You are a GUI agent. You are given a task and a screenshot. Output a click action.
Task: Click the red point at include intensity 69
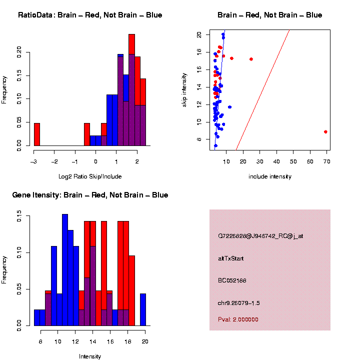tap(325, 132)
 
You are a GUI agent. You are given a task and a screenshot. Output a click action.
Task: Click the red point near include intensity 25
tap(251, 59)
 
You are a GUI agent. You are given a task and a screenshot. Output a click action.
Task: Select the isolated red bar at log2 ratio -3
tap(36, 134)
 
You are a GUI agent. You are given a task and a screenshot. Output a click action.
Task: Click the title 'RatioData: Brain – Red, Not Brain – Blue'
tap(90, 15)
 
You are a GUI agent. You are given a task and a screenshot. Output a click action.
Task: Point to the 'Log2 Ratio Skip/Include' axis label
tap(90, 176)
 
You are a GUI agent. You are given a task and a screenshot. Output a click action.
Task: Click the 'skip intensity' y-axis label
tap(184, 89)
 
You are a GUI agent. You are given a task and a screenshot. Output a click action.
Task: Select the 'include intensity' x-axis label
tap(270, 176)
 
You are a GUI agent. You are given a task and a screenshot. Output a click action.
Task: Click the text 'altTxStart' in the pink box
tap(230, 258)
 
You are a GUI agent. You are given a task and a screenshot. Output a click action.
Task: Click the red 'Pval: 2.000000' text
tap(238, 319)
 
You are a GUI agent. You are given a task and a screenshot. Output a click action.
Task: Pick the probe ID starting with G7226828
tap(260, 236)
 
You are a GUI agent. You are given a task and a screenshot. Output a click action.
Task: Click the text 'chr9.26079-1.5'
tap(239, 303)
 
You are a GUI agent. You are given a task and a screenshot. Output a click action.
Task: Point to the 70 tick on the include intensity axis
tap(326, 161)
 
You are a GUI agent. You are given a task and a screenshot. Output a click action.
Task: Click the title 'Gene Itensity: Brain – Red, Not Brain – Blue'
tap(90, 195)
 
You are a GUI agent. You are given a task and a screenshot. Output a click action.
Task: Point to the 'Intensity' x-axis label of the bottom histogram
tap(90, 356)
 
